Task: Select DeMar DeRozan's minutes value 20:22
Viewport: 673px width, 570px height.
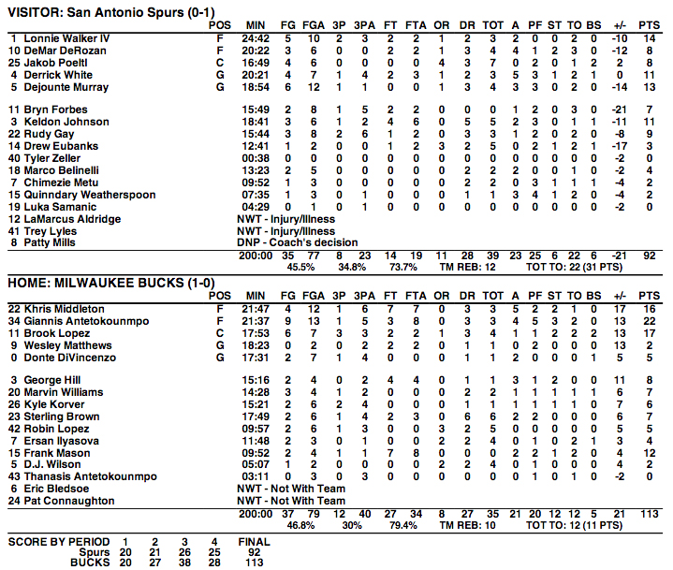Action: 258,51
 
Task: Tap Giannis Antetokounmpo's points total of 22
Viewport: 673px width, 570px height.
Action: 650,321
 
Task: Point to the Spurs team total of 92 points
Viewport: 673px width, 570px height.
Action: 650,255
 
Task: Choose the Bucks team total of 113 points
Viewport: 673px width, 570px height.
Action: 647,513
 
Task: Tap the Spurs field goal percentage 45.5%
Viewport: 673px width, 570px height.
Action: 300,267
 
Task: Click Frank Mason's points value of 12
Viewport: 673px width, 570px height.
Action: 650,452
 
